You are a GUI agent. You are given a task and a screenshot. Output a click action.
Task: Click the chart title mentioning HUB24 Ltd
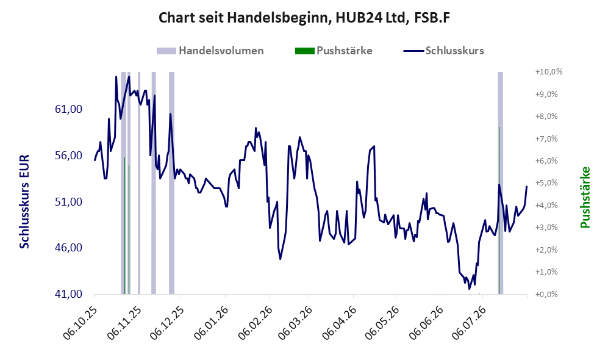[x=304, y=18]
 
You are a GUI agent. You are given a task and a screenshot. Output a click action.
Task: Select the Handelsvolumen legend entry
[x=210, y=51]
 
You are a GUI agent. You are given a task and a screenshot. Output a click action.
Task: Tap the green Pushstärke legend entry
[x=334, y=51]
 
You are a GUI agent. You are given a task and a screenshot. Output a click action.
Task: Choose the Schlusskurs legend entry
[x=443, y=51]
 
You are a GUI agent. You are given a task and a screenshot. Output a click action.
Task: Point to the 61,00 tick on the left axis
[x=69, y=109]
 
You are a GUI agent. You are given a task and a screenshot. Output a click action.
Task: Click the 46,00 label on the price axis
[x=69, y=248]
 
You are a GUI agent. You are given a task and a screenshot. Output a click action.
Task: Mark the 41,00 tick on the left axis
[x=69, y=294]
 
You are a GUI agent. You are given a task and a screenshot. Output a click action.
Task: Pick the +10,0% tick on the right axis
[x=549, y=72]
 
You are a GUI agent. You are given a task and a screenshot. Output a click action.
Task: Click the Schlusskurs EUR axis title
[x=24, y=201]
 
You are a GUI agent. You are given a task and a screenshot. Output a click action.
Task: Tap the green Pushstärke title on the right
[x=585, y=197]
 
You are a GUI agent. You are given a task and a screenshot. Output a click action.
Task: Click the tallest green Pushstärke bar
[x=499, y=211]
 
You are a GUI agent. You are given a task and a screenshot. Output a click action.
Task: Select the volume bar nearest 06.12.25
[x=171, y=182]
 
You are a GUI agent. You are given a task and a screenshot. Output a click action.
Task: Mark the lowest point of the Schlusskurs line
[x=469, y=289]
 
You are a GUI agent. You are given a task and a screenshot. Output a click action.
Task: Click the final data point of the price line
[x=526, y=187]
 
